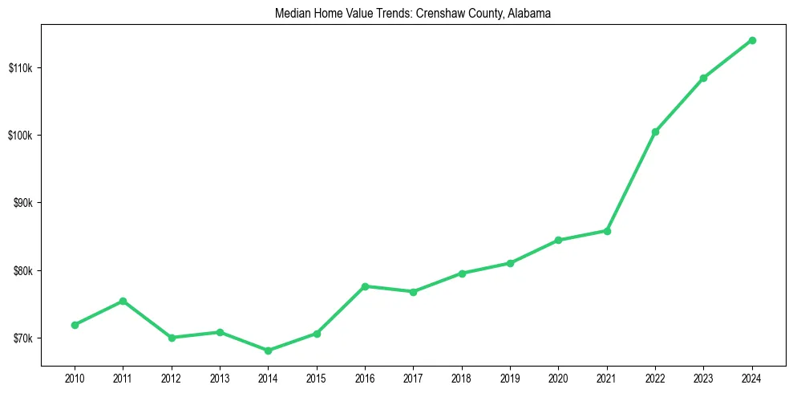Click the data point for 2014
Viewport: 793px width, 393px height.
click(x=268, y=350)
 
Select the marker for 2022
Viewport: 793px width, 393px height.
click(x=655, y=132)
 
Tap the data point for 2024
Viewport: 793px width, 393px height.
click(x=752, y=40)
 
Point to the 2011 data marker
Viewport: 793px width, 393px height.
click(x=123, y=301)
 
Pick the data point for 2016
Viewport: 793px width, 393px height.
click(x=365, y=286)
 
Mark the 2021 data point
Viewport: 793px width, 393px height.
click(x=607, y=231)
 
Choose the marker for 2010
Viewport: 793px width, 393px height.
click(x=75, y=325)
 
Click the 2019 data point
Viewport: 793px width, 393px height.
click(x=510, y=263)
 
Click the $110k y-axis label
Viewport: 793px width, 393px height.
click(x=19, y=67)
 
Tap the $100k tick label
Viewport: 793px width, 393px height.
click(x=19, y=135)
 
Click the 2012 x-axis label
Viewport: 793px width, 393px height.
click(x=171, y=377)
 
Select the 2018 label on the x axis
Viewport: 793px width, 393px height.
click(x=462, y=377)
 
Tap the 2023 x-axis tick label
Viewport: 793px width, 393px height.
click(x=703, y=377)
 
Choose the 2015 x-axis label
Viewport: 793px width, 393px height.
click(x=316, y=377)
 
